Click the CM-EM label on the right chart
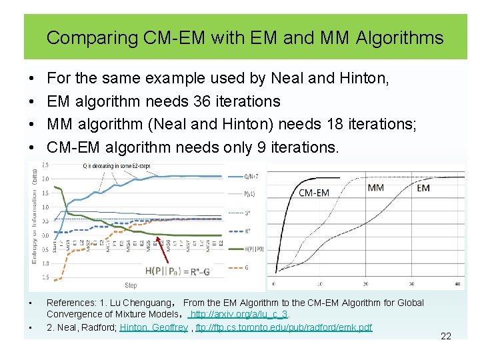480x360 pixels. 313,193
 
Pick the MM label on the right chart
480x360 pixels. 375,187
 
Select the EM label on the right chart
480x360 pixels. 423,188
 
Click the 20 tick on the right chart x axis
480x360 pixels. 365,285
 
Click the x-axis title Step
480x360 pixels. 131,285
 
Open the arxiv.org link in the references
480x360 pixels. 239,314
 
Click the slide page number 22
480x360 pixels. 446,336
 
